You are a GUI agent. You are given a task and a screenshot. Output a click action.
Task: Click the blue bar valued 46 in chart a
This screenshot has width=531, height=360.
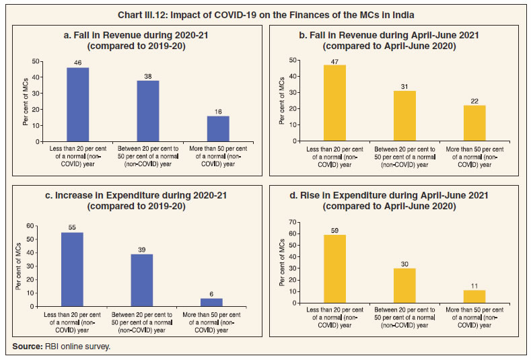78,104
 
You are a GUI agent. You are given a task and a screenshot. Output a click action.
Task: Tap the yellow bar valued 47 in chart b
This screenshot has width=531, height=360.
334,103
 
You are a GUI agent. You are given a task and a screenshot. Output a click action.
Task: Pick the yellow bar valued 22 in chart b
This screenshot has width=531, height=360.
474,123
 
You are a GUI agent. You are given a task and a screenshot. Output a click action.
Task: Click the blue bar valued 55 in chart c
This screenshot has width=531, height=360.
73,269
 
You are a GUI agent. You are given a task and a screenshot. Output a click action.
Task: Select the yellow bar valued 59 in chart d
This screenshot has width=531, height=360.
334,268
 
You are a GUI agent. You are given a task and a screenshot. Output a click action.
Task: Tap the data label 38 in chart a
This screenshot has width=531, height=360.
148,75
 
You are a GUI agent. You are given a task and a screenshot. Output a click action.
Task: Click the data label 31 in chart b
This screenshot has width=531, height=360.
404,85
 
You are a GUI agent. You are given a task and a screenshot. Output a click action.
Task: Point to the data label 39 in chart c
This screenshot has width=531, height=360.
143,250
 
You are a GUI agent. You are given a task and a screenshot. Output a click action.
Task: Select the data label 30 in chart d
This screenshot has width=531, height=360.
404,263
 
